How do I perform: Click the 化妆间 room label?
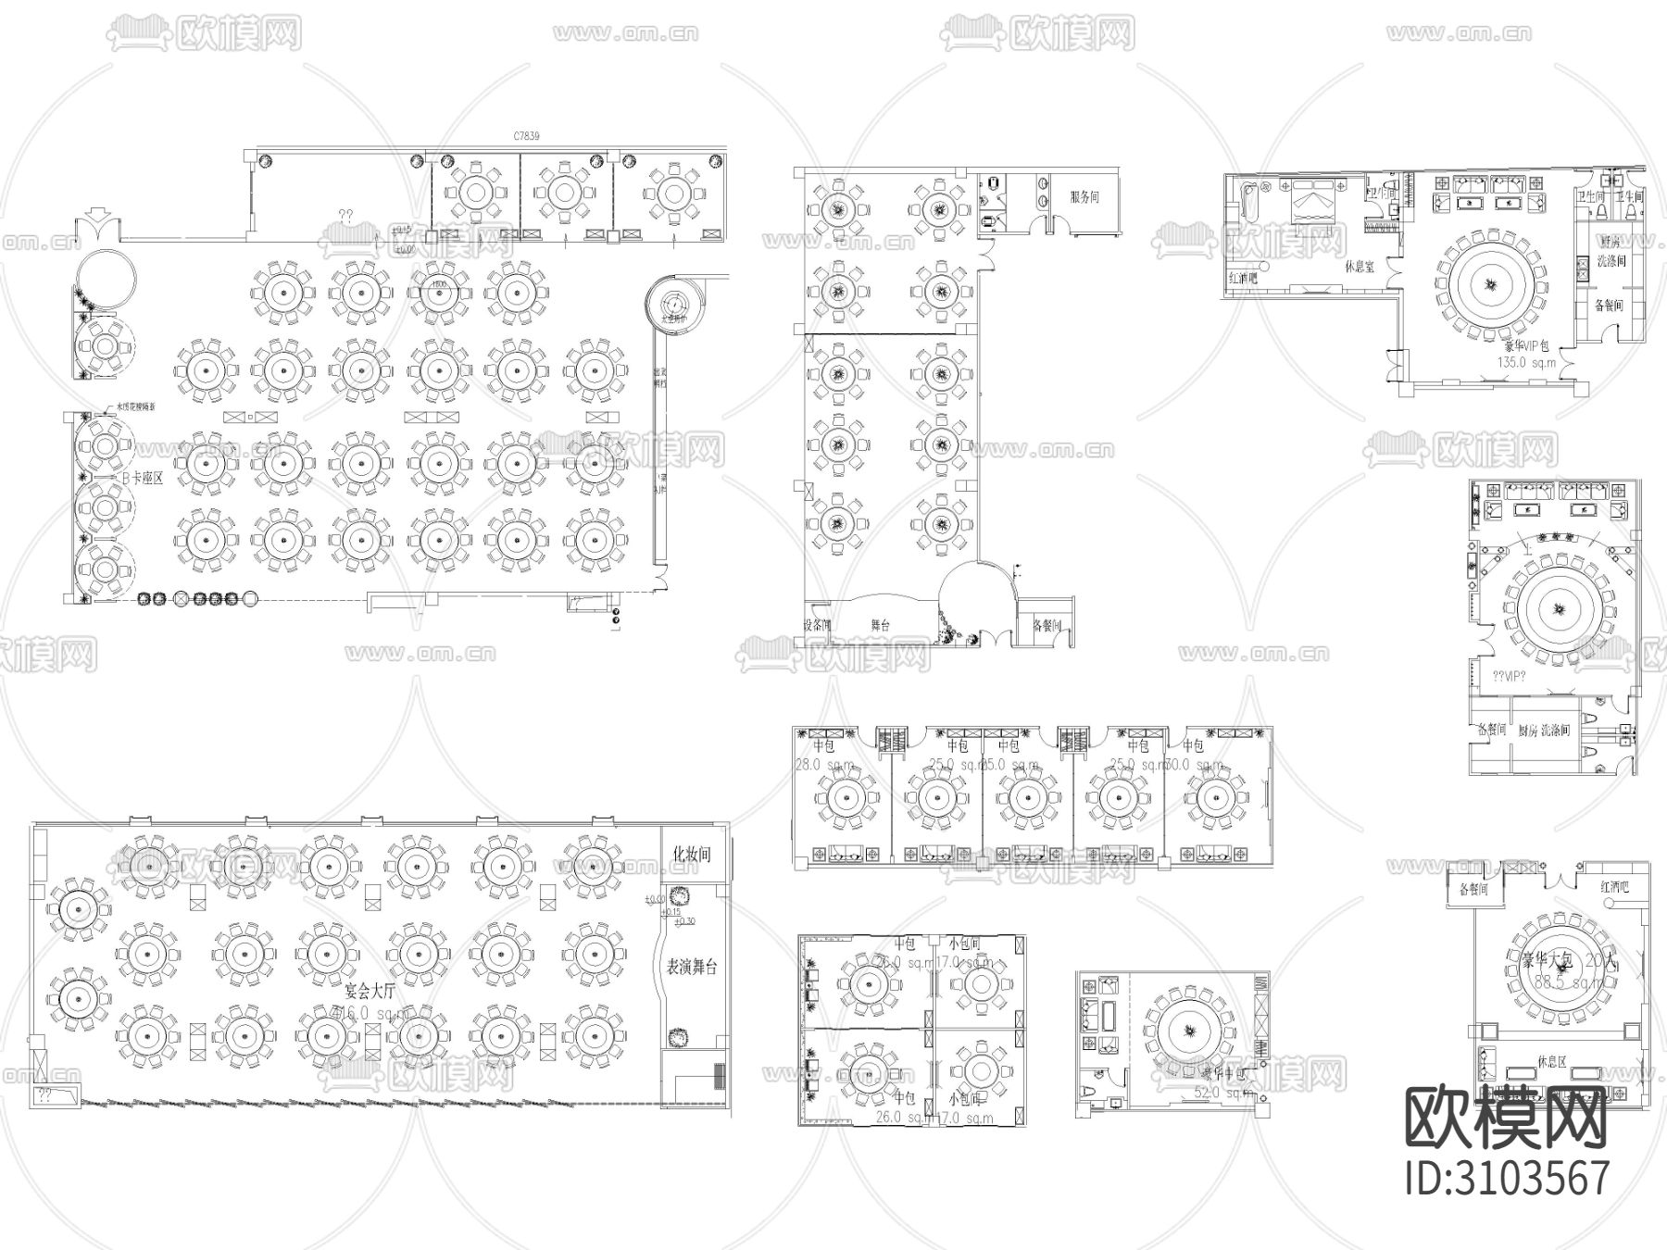692,855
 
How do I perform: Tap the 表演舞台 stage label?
692,968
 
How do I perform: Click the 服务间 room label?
1084,197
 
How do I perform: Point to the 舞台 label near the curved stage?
880,626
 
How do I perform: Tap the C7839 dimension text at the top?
526,136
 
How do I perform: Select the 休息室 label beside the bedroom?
1360,265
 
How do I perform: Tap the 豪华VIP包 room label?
1523,346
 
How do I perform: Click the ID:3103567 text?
1507,1179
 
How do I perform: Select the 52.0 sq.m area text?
1221,1094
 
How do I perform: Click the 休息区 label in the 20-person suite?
1551,1062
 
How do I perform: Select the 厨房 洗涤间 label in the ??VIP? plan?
1544,731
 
